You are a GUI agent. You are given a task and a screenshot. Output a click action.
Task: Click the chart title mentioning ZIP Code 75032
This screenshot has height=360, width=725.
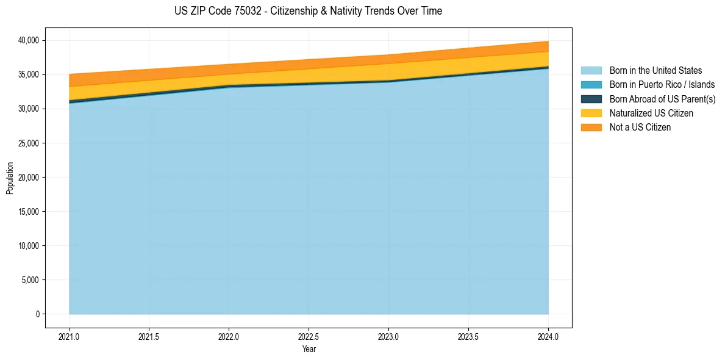click(x=308, y=11)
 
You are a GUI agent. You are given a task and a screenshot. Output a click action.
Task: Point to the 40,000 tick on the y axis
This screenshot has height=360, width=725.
click(x=29, y=40)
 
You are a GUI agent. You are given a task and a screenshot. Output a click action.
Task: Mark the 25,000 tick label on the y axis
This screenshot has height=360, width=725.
click(x=29, y=143)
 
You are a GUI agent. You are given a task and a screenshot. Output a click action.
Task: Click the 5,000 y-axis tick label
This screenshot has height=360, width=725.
click(x=30, y=280)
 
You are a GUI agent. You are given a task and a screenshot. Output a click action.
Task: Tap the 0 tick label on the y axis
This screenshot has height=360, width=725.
click(x=37, y=314)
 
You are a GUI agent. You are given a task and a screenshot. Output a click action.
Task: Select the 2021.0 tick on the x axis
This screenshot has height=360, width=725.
click(x=69, y=336)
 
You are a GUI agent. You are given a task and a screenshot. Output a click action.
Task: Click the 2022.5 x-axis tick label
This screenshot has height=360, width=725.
click(x=309, y=336)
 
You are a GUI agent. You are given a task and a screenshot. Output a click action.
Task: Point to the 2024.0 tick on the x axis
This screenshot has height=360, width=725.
click(x=548, y=336)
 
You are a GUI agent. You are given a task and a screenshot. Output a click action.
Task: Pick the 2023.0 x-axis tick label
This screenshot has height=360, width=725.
click(x=388, y=336)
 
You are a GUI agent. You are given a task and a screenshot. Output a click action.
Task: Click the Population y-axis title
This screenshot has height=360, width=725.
click(x=10, y=178)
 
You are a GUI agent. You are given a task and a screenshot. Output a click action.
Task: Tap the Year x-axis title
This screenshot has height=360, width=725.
click(x=309, y=349)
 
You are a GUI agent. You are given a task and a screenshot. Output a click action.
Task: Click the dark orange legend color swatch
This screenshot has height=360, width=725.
click(x=591, y=127)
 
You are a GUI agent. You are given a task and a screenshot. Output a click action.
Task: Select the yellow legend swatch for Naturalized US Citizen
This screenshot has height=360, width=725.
click(x=591, y=113)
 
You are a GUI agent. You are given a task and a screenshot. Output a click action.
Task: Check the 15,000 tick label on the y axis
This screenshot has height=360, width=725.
click(x=29, y=212)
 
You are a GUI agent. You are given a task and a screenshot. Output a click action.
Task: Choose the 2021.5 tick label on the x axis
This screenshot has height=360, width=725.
click(x=149, y=336)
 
